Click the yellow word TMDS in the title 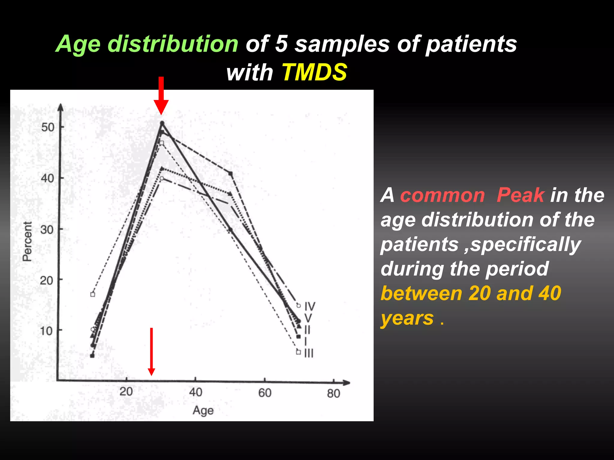314,72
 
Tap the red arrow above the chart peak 161,95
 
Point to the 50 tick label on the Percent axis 48,127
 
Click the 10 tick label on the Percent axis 46,331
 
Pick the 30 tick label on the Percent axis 47,230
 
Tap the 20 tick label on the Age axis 126,392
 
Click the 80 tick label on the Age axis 333,394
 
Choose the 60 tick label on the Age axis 265,393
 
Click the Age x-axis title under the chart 203,410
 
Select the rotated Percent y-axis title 27,241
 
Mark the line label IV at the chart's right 310,306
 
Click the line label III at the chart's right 309,353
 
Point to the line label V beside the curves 308,318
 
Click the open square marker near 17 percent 93,294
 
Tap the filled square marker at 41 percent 231,173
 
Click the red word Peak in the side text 520,195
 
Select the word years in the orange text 407,318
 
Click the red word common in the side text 443,195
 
